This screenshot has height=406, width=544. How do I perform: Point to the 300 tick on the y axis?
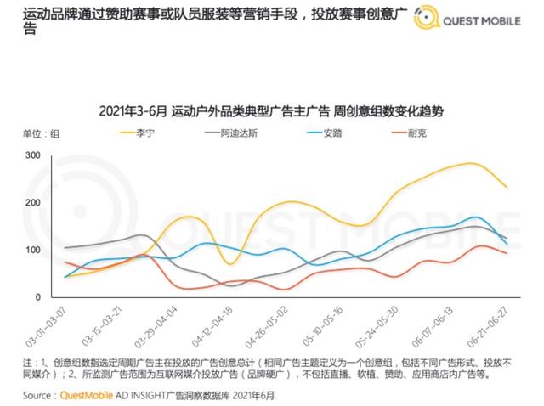(34, 155)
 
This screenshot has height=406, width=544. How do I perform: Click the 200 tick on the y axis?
(34, 202)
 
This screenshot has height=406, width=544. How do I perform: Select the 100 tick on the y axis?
(34, 250)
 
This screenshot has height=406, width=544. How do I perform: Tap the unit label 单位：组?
(41, 133)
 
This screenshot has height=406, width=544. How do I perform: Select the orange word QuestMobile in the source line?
(90, 395)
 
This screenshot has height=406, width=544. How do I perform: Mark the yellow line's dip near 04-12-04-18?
(229, 263)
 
